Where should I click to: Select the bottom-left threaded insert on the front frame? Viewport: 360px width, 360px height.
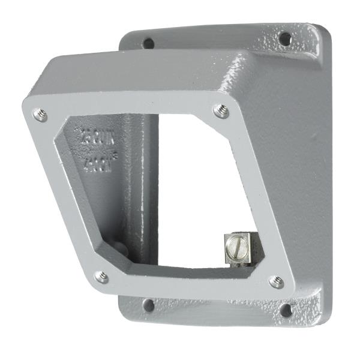[102, 277]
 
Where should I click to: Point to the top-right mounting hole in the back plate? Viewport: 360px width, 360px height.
[285, 39]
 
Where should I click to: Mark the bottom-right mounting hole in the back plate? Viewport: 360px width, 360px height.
[286, 310]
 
